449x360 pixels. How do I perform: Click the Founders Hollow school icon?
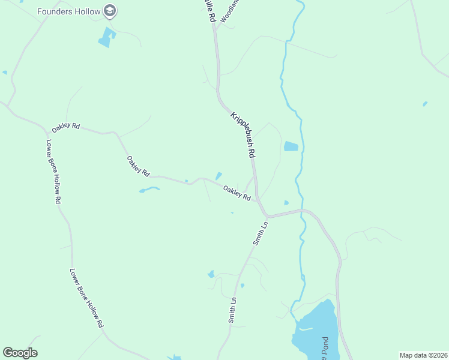point(110,10)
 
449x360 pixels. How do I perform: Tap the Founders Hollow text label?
point(68,11)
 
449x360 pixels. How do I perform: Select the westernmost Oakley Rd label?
point(66,127)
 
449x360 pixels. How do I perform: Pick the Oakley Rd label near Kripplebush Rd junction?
point(237,193)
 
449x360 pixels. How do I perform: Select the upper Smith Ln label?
point(260,233)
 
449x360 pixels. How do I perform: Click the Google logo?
point(20,353)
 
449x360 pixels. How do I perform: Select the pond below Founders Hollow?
point(106,38)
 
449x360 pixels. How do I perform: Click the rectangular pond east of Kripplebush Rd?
point(291,146)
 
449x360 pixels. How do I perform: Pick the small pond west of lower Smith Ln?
point(211,274)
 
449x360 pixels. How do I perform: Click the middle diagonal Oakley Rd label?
point(137,166)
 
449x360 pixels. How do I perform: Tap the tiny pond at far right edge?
point(425,104)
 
